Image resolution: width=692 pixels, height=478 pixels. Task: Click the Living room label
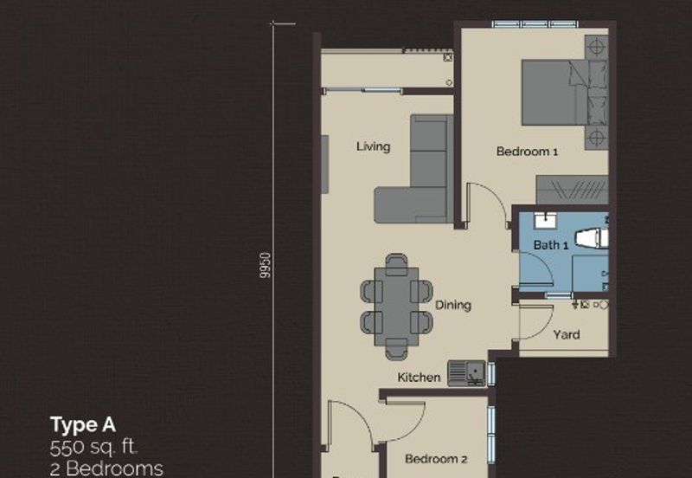coord(374,146)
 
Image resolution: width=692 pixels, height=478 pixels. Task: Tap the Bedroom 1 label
coord(527,152)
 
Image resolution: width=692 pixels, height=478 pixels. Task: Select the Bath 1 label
coord(550,245)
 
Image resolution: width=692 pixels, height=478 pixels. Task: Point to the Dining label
coord(452,306)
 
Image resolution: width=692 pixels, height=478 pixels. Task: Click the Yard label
coord(567,334)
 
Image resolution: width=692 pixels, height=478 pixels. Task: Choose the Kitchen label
coord(419,378)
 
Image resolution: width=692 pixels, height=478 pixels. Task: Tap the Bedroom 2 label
coord(436,459)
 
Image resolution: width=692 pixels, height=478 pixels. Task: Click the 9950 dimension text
coord(265,265)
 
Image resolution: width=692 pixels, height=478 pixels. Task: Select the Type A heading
coord(83,425)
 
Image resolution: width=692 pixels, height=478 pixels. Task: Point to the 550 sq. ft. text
coord(93,448)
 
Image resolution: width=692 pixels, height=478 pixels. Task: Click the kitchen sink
coord(466,373)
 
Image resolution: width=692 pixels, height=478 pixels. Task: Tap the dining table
coord(396,307)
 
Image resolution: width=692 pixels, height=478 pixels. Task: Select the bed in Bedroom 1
coord(565,93)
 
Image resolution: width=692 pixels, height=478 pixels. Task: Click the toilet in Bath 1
coord(592,238)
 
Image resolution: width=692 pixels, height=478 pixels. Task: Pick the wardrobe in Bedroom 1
coord(573,190)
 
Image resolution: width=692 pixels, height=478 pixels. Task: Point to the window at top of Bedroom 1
coord(535,24)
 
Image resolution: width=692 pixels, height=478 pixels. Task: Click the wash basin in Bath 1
coord(546,220)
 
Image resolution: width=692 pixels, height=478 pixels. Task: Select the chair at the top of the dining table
coord(396,262)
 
